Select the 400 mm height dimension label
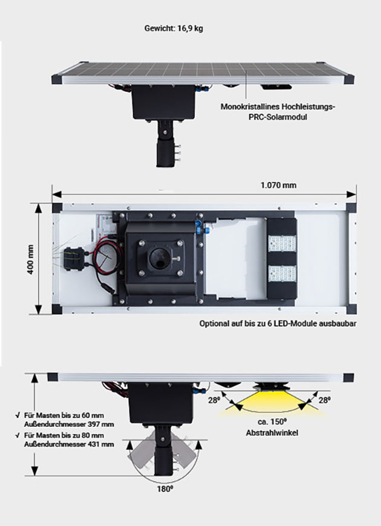pos(30,259)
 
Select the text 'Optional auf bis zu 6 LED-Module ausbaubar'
pos(278,323)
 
